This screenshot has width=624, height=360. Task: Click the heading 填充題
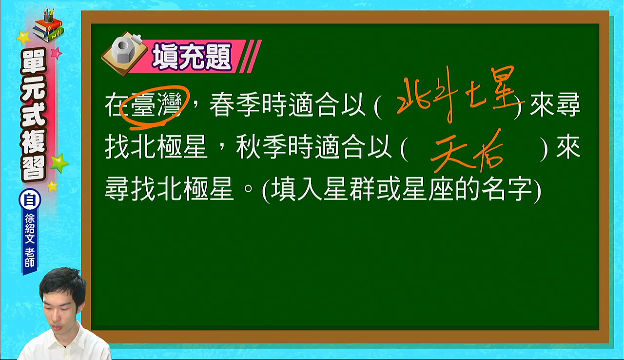(x=192, y=57)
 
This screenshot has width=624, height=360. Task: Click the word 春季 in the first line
(x=235, y=105)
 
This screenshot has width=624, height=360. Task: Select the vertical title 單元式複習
(x=34, y=115)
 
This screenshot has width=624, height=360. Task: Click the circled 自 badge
(x=30, y=200)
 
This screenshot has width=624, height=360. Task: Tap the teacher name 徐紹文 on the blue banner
(x=30, y=228)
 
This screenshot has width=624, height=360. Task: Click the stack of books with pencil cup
(x=48, y=25)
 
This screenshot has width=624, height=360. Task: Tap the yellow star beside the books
(x=23, y=38)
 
